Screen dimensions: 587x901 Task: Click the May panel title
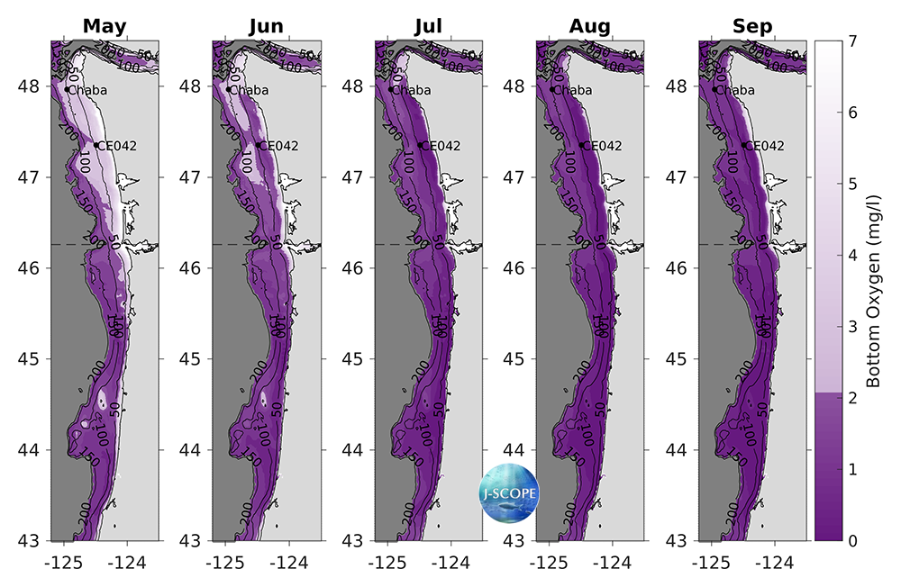(x=104, y=26)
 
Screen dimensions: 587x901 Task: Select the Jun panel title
(x=267, y=26)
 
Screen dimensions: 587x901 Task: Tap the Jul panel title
(x=428, y=26)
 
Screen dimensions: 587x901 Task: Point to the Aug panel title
(x=590, y=26)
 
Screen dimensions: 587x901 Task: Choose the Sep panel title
(x=753, y=26)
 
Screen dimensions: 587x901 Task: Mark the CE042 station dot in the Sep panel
(x=745, y=145)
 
